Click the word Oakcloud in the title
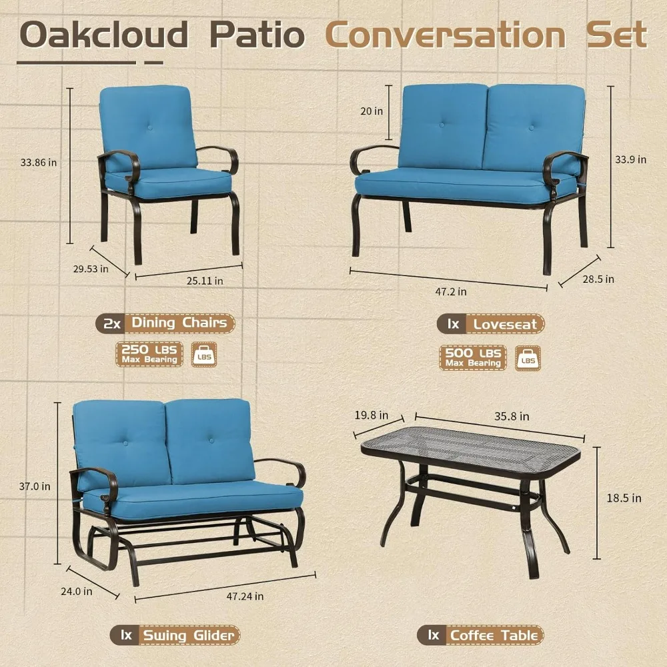coord(104,35)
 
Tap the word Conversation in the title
coord(446,35)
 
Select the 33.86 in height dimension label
coord(38,163)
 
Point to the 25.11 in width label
coord(205,281)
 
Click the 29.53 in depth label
coord(91,269)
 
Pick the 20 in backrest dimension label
coord(372,111)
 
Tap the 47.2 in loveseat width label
coord(450,292)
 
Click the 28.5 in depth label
coord(598,279)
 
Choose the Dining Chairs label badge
coord(165,323)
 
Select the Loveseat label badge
coord(490,325)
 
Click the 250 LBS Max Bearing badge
coord(149,354)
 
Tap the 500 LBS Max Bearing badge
coord(473,358)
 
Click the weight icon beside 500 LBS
coord(528,358)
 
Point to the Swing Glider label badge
coord(175,636)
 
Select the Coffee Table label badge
coord(480,636)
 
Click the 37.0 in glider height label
coord(35,486)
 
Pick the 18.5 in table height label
coord(624,498)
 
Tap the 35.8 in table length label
coord(512,416)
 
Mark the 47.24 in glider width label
coord(245,596)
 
